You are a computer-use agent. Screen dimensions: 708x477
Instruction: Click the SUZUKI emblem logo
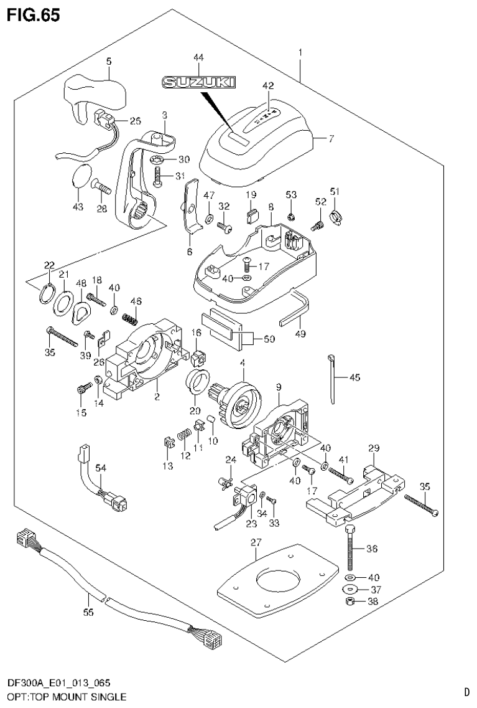click(198, 82)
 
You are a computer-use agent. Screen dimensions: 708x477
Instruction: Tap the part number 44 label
click(198, 57)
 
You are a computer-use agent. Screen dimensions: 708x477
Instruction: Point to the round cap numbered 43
click(79, 176)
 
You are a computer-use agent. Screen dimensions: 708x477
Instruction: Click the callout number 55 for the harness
click(90, 612)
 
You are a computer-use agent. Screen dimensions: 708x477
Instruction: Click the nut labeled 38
click(350, 602)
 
